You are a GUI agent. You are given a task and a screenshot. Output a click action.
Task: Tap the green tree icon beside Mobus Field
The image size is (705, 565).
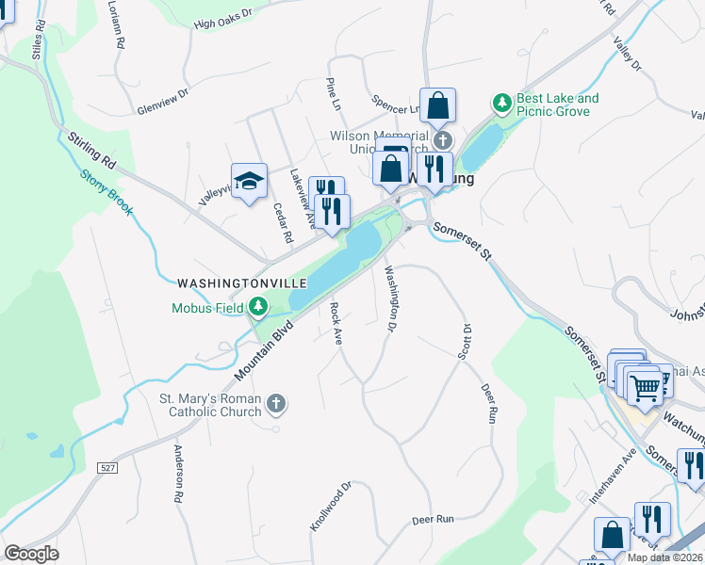256,307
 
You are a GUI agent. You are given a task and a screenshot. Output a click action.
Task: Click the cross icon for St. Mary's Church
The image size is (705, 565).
276,404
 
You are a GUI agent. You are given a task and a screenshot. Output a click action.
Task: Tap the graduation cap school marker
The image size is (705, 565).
249,181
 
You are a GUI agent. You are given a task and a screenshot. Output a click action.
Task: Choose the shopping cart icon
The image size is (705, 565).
645,386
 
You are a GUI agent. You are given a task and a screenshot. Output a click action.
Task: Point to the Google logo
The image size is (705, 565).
31,553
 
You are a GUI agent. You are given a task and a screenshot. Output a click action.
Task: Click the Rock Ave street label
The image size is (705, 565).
335,324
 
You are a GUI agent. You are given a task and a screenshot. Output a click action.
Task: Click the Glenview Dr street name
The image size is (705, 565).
163,102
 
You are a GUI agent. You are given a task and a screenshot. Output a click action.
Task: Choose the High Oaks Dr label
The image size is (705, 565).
223,20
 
